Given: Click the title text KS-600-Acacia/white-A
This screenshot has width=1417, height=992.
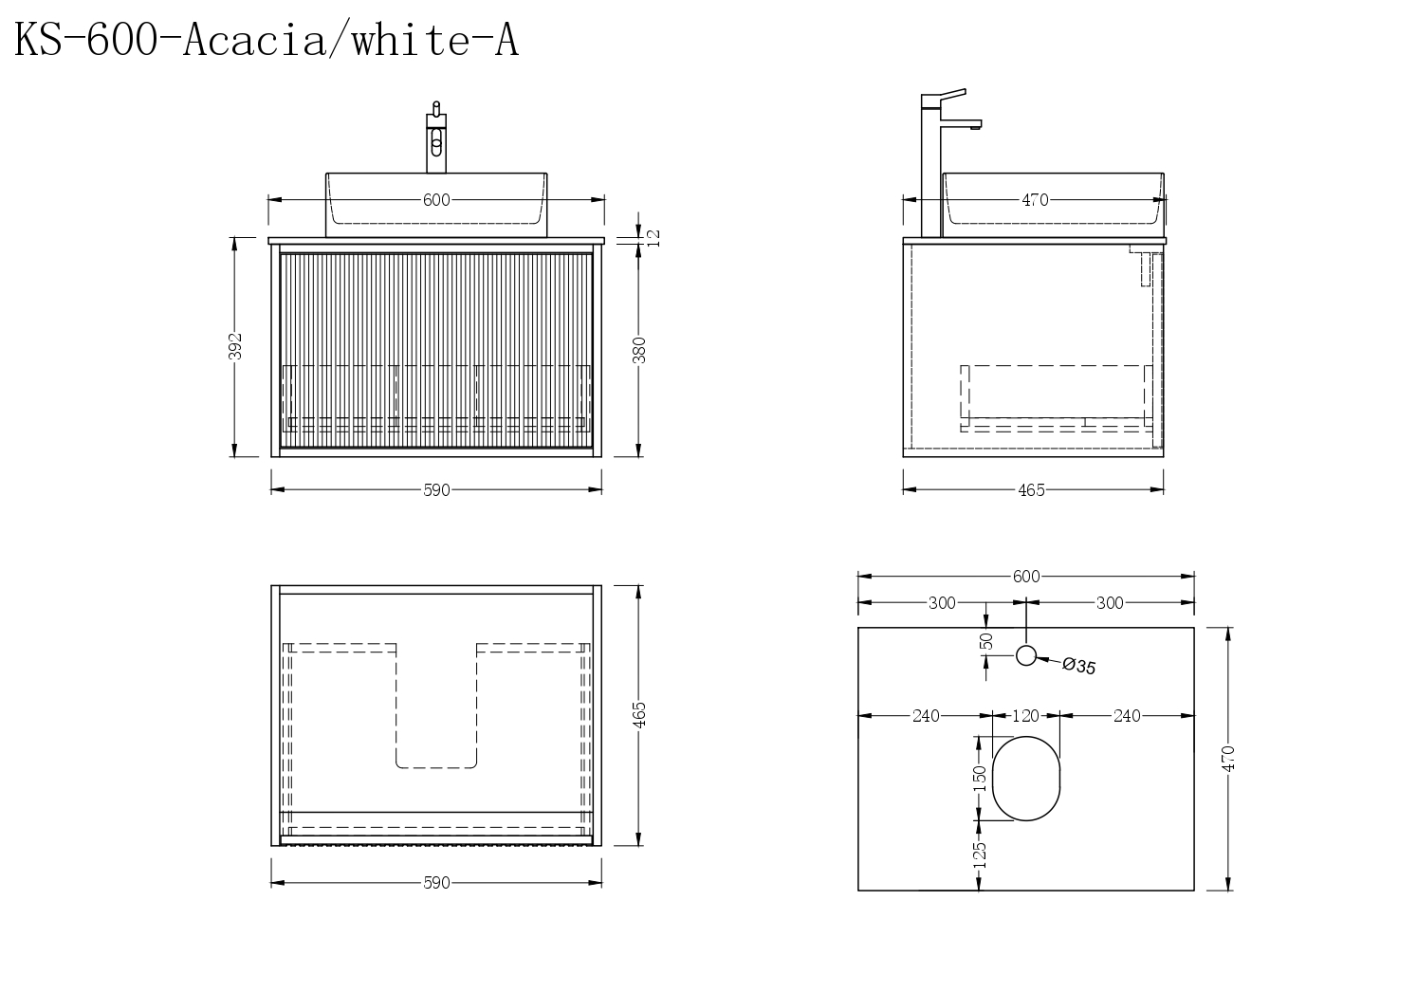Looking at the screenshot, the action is pos(267,40).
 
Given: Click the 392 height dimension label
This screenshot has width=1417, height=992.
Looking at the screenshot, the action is pos(235,346).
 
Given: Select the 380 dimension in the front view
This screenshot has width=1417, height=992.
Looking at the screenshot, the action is pos(639,350).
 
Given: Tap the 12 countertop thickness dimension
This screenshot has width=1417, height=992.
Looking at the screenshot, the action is pos(654,238).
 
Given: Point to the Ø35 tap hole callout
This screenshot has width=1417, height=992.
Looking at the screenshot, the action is pos(1078,666).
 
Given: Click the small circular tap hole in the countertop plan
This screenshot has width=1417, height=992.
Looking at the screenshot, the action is pos(1026,656).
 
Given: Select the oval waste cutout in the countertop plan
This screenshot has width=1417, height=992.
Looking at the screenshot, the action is pos(1026,779).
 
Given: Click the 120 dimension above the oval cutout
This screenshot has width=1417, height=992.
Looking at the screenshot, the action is pos(1025,715).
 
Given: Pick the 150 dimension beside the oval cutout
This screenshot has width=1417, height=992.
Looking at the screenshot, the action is pos(979,779).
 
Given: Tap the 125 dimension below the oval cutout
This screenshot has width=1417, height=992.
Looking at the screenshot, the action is pos(979,854).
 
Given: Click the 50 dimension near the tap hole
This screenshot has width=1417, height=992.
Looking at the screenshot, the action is pos(986,641).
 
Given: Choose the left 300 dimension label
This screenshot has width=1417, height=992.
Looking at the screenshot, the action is pos(942,603).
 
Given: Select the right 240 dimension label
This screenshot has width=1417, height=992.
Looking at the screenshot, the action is pos(1127,715).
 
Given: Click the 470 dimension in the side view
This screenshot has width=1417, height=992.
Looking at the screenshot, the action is pos(1035,200).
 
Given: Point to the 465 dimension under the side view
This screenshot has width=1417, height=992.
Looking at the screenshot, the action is pos(1031,490).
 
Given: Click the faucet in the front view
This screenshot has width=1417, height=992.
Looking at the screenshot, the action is pos(436,137).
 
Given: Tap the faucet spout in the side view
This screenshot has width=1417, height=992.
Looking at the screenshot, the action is pos(961,124).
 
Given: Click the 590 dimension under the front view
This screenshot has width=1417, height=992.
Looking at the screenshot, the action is pos(436,490).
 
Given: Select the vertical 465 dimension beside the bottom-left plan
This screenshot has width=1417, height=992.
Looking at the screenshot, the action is pos(639,715).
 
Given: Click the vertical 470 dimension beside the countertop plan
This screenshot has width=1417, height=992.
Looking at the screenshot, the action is pos(1228,759).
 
